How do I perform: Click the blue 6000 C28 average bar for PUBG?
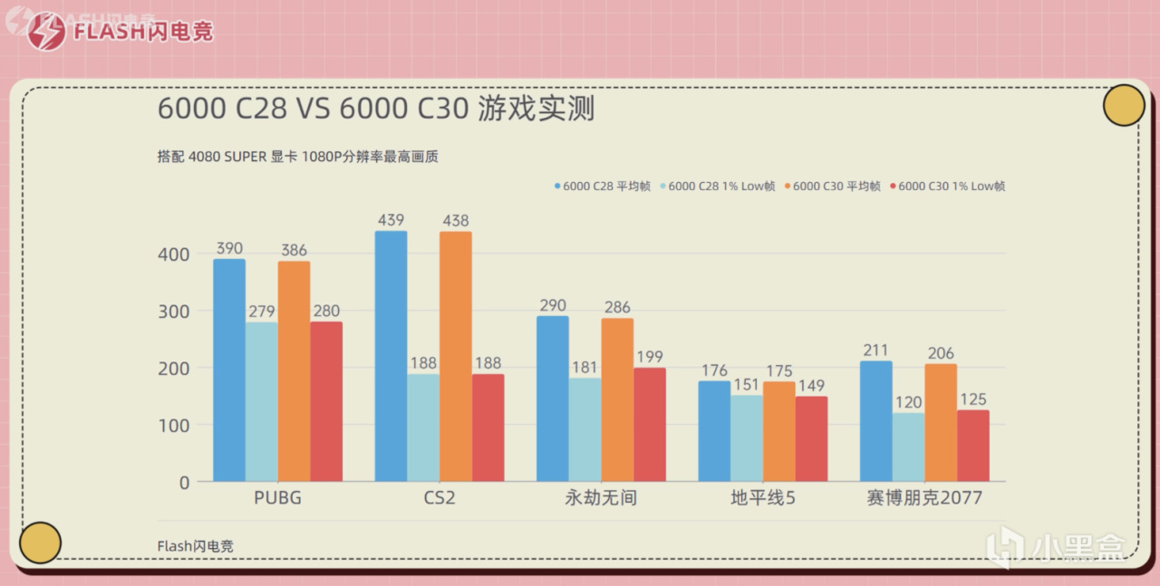(229, 370)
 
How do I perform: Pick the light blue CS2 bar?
(423, 427)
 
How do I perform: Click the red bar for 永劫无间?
(650, 424)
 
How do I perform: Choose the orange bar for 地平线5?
(779, 431)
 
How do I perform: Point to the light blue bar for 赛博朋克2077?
(908, 447)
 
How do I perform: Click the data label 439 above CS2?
(391, 219)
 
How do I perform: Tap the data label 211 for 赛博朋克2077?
(875, 350)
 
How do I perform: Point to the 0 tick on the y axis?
(184, 483)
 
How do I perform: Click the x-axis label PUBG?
(278, 498)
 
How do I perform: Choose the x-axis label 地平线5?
(763, 498)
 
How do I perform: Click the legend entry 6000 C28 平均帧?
(601, 186)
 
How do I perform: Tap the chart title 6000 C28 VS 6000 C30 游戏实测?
(376, 109)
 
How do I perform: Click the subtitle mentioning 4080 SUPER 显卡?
(298, 157)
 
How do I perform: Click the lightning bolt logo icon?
(46, 32)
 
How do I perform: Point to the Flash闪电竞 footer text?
(195, 546)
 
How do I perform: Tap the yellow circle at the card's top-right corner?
(1124, 105)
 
